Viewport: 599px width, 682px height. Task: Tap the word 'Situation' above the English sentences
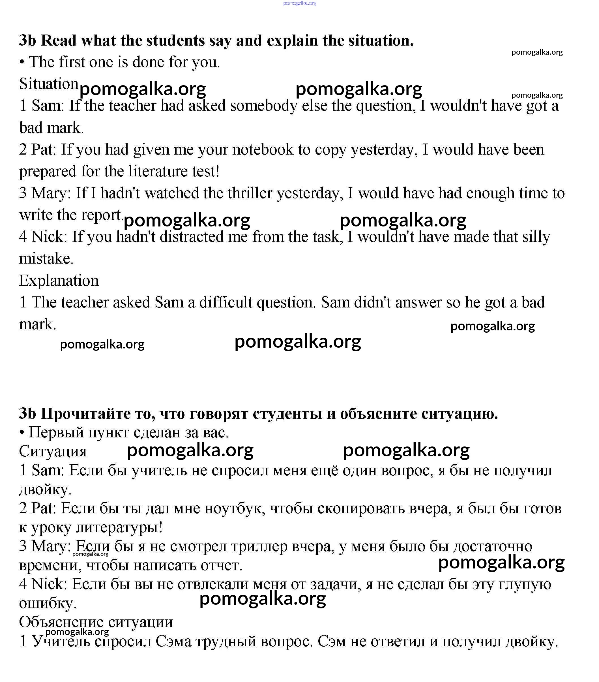49,84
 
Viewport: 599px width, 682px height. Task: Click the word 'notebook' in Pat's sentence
263,149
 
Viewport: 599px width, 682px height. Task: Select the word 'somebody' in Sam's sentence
263,106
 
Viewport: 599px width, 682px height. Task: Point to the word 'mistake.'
46,258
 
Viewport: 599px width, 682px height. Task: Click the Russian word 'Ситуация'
53,452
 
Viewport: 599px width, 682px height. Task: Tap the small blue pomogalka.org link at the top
299,3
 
